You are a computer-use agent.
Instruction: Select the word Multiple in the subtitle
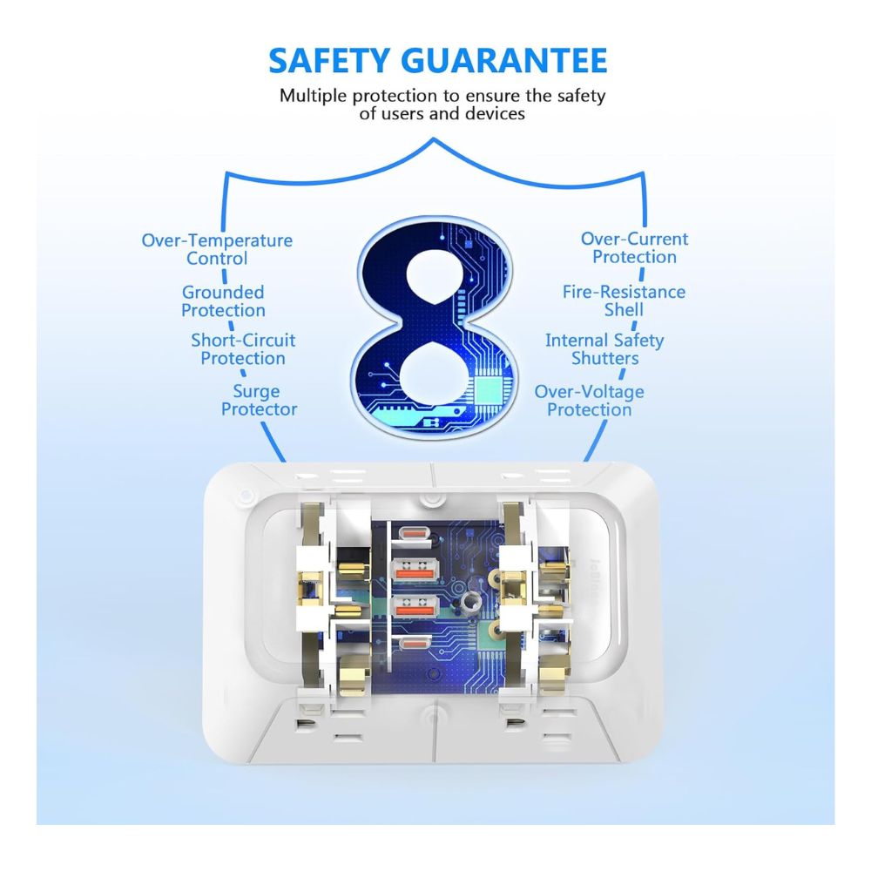pos(314,96)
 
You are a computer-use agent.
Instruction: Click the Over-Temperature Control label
pos(217,249)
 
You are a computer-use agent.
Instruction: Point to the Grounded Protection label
pos(223,301)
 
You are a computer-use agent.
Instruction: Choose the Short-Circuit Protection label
pos(243,349)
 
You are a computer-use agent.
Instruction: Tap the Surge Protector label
pos(259,400)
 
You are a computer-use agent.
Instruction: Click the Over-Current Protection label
pos(634,247)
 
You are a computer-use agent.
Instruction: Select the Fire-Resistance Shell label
pos(624,300)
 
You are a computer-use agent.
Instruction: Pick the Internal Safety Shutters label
pos(604,349)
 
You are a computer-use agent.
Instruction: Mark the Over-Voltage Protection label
pos(590,401)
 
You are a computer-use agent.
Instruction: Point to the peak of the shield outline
pos(433,138)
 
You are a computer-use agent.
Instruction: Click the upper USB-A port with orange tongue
pos(415,570)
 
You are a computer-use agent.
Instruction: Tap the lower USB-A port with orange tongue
pos(415,606)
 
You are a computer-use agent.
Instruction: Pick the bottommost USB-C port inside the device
pos(412,644)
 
